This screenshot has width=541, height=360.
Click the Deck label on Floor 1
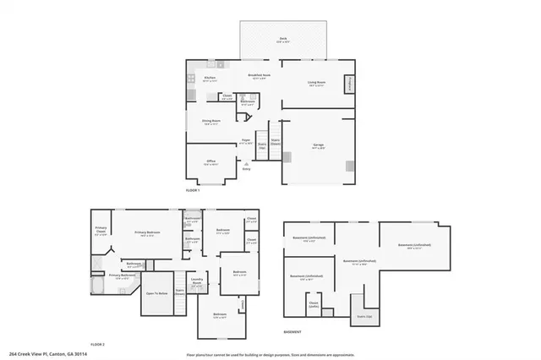[283, 40]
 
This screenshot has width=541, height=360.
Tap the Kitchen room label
[210, 79]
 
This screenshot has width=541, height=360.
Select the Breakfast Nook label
[259, 77]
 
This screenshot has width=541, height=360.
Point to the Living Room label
[316, 83]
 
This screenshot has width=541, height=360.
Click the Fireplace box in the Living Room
[348, 85]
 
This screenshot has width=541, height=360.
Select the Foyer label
[246, 141]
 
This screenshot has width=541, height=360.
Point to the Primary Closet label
[101, 231]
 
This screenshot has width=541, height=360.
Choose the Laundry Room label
[196, 282]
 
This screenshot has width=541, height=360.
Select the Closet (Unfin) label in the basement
[314, 304]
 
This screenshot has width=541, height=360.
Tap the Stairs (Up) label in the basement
[363, 317]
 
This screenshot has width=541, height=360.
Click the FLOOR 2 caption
[97, 345]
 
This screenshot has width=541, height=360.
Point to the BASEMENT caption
[292, 332]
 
